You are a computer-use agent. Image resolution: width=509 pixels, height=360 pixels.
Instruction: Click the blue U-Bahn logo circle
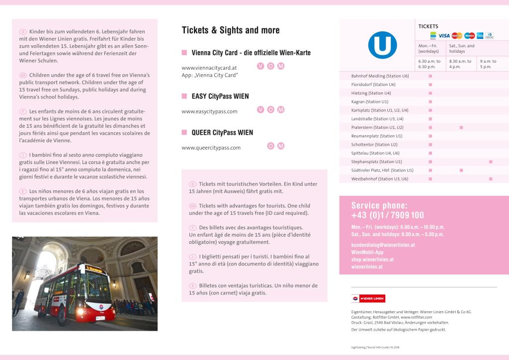pyautogui.click(x=382, y=46)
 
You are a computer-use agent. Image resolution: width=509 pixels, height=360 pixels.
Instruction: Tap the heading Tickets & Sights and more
pyautogui.click(x=231, y=31)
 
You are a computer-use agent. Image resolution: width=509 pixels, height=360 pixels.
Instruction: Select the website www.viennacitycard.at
pyautogui.click(x=209, y=67)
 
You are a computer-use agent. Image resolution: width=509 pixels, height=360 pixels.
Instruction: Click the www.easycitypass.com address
pyautogui.click(x=209, y=111)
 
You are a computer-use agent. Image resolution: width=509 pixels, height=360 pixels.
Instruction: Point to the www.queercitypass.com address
pyautogui.click(x=211, y=148)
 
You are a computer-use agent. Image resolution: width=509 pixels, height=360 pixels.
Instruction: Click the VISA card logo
pyautogui.click(x=444, y=36)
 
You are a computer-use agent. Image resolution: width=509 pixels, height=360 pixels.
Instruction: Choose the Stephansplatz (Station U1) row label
pyautogui.click(x=376, y=162)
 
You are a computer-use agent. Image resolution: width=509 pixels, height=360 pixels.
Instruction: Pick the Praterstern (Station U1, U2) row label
pyautogui.click(x=377, y=127)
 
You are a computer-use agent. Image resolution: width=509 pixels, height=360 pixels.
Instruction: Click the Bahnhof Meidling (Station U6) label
pyautogui.click(x=380, y=76)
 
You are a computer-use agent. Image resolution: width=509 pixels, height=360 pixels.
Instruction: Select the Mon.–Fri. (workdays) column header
pyautogui.click(x=428, y=49)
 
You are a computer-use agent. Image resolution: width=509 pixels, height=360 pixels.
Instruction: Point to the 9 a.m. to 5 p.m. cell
pyautogui.click(x=488, y=64)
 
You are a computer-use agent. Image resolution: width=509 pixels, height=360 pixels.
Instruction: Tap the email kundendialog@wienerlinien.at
pyautogui.click(x=383, y=245)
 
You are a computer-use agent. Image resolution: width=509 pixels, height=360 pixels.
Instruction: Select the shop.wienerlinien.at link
pyautogui.click(x=372, y=260)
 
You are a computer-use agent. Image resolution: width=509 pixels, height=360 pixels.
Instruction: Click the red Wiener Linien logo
pyautogui.click(x=368, y=299)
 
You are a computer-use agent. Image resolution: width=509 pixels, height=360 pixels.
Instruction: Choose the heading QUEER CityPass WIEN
pyautogui.click(x=222, y=133)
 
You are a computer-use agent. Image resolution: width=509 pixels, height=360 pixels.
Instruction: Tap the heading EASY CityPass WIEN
pyautogui.click(x=220, y=96)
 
